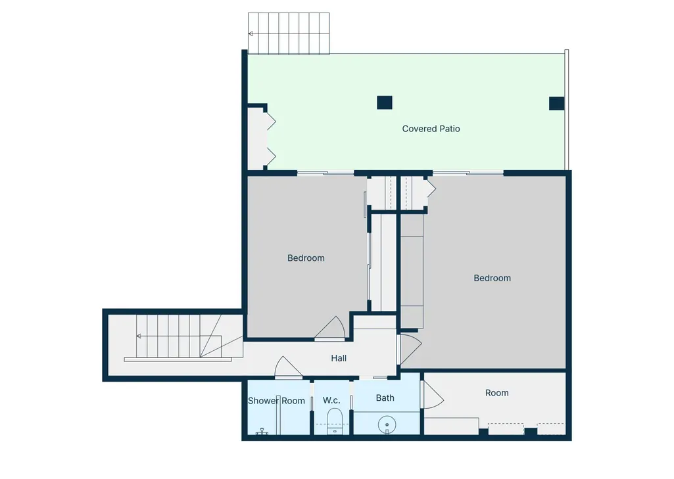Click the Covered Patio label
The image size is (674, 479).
pos(431,128)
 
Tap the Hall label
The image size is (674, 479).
pos(339,358)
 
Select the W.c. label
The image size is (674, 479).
pos(331,400)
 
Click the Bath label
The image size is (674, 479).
pos(385,398)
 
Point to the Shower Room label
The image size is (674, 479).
pos(276,401)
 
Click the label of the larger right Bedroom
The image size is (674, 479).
pos(492,278)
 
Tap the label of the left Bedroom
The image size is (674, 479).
pos(306,258)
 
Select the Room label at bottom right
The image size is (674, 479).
pos(497,393)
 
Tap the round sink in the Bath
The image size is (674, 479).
pos(387,425)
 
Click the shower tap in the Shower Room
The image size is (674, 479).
pos(262,431)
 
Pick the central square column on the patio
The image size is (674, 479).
pos(385,103)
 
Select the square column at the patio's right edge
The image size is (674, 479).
pos(557,103)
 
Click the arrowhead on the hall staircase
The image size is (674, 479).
pos(139,336)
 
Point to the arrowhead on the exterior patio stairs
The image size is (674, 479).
pos(251,34)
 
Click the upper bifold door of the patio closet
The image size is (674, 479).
pos(271,121)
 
